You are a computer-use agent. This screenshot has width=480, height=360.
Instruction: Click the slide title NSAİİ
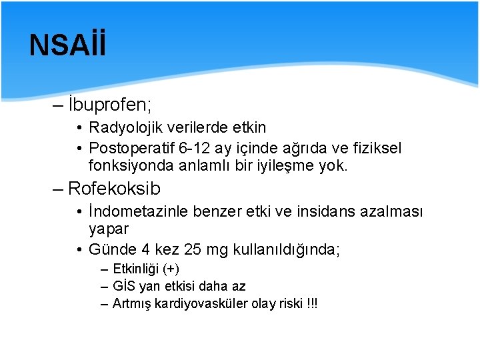click(x=67, y=45)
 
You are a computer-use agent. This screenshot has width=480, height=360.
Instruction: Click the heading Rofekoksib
click(x=114, y=189)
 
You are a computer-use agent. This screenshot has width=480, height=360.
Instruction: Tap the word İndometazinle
click(x=139, y=212)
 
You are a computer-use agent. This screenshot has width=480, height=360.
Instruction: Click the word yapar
click(x=109, y=229)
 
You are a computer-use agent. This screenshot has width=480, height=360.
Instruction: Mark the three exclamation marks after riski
click(x=311, y=304)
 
